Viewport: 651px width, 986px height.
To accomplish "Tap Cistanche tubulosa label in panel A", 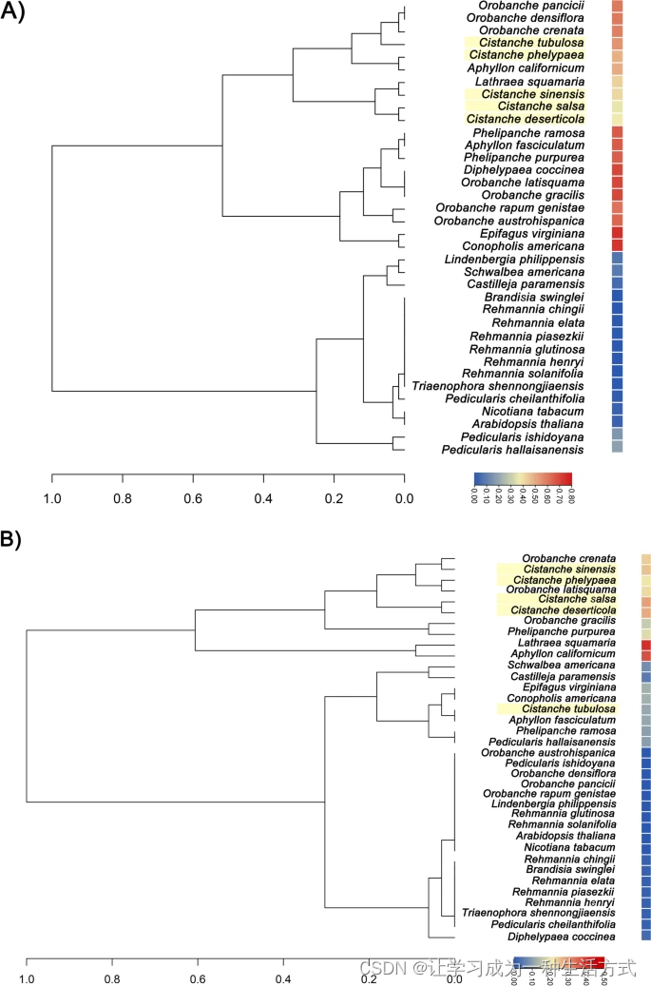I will [531, 44].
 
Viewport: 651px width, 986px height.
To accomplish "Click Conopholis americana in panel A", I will [527, 245].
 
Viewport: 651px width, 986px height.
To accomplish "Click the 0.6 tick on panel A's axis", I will [193, 495].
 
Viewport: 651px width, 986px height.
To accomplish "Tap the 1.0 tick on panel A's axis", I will [51, 495].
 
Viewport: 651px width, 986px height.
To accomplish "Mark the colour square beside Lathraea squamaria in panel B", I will [646, 644].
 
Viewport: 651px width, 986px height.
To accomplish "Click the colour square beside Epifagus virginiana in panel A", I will [617, 233].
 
